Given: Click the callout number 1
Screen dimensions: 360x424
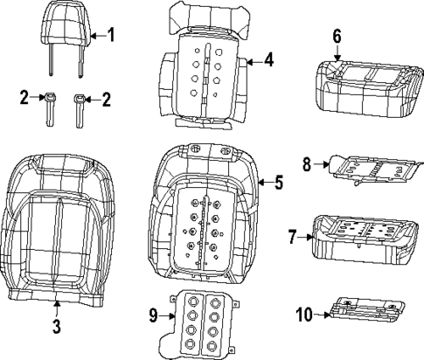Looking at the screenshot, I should pyautogui.click(x=110, y=35).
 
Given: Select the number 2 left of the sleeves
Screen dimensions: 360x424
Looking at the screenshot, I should pyautogui.click(x=25, y=99).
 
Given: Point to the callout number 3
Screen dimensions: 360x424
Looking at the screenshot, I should pyautogui.click(x=55, y=327).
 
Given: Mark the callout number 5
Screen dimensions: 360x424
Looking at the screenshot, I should pyautogui.click(x=278, y=183).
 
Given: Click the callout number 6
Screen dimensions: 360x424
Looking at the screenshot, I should pyautogui.click(x=337, y=36).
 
